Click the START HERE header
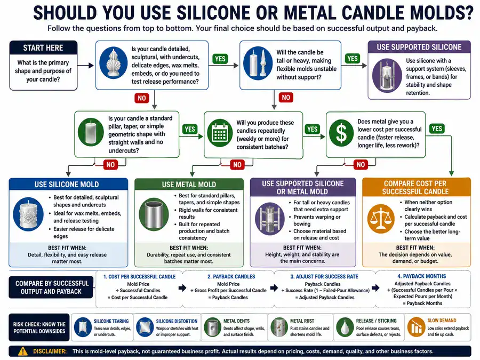(43, 48)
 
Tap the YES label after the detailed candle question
(220, 59)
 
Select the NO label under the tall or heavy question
(286, 98)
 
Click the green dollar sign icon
(341, 133)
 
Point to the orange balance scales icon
(381, 219)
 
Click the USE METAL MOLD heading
(189, 185)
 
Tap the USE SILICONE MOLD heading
(67, 185)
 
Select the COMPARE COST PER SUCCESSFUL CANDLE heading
(415, 187)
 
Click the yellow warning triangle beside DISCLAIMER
(22, 351)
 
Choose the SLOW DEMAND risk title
(442, 320)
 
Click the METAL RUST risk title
(302, 321)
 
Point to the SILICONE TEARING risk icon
(83, 327)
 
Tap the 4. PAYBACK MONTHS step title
(421, 276)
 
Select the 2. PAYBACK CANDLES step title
(231, 276)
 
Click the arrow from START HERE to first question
(85, 65)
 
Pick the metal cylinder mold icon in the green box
(154, 215)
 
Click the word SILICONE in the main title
(212, 13)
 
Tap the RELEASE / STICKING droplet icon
(345, 327)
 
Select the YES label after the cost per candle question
(436, 129)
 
